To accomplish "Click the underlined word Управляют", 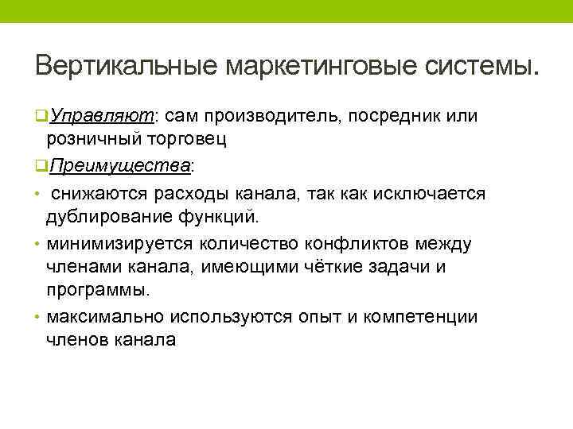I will (102, 116).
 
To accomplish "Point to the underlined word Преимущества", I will (119, 165).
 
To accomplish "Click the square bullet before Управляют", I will (41, 117).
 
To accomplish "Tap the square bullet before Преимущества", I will (41, 166).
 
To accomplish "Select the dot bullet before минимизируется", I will (39, 243).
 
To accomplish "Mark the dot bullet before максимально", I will (39, 317).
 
